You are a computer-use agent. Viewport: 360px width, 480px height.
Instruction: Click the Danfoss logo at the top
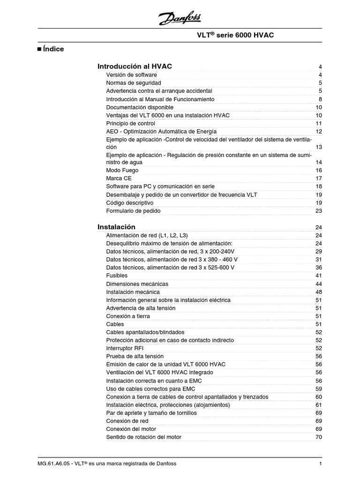point(180,19)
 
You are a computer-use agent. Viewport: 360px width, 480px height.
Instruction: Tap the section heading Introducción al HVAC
point(135,67)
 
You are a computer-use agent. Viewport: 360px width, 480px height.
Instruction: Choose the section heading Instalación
point(116,227)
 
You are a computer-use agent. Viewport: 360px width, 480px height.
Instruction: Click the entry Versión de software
point(131,75)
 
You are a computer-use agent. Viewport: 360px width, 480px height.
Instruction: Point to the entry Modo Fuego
point(122,171)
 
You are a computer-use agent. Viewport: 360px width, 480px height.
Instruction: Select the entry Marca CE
point(119,179)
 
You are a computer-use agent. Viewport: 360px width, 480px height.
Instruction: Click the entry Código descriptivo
point(130,203)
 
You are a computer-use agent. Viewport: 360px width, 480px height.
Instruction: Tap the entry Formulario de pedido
point(133,211)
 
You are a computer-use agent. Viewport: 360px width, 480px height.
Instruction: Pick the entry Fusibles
point(117,276)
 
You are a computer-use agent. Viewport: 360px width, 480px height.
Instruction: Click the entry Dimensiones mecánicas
point(137,284)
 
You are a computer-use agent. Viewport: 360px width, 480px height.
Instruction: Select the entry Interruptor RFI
point(127,348)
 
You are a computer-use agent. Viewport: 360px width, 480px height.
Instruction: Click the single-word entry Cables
point(115,324)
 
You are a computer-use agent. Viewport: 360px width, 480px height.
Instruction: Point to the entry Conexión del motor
point(131,429)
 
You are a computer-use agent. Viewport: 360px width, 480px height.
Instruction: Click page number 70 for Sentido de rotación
point(319,437)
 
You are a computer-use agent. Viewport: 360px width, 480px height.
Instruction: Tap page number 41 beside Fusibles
point(319,276)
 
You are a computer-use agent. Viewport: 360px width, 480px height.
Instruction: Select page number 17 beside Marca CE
point(319,179)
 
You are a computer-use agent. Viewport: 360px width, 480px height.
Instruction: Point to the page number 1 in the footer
point(320,464)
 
